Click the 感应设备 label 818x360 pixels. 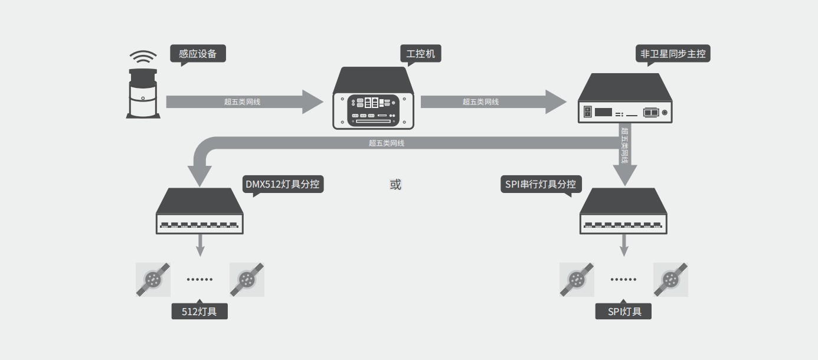click(198, 54)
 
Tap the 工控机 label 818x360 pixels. click(420, 54)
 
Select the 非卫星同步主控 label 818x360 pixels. click(673, 54)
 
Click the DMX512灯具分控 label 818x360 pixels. click(283, 184)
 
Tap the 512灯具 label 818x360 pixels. click(199, 311)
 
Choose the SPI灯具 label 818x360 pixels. click(624, 311)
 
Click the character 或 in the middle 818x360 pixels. click(395, 184)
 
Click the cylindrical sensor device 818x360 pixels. click(143, 94)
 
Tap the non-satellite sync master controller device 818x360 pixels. click(625, 99)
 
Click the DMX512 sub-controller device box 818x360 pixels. click(199, 211)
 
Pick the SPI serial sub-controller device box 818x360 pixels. click(624, 211)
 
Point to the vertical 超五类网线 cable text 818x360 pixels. click(625, 145)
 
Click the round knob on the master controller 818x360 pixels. click(665, 112)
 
